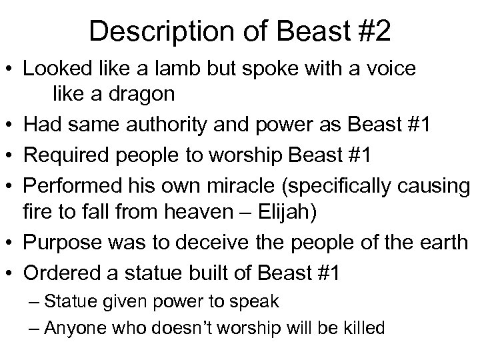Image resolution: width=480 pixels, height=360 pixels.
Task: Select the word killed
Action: point(361,328)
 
